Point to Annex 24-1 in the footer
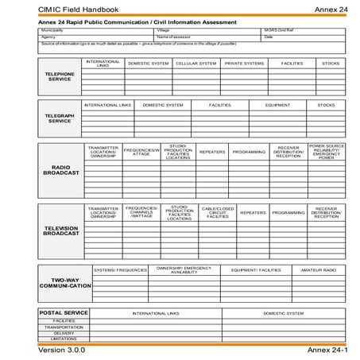pos(326,350)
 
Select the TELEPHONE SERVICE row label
pos(60,77)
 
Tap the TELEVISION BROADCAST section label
pos(60,230)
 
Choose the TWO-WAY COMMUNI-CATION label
pos(60,283)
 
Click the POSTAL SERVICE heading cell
pos(64,313)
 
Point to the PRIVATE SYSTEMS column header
pos(244,64)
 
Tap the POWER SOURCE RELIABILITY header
pos(327,152)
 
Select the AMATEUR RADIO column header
pos(319,270)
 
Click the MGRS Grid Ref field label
pos(278,30)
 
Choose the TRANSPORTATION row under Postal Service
pos(64,327)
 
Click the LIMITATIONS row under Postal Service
pos(64,339)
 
